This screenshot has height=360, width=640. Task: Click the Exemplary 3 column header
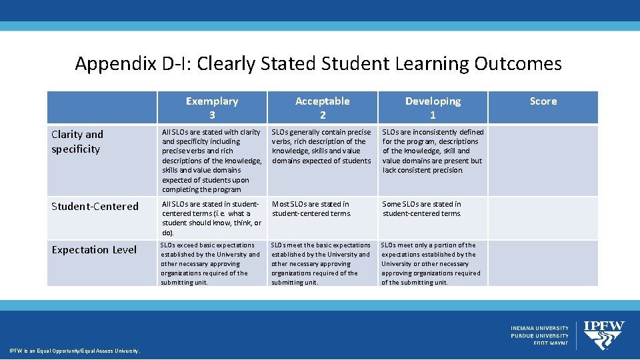pos(211,107)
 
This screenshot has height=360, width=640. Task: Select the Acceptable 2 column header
pos(322,107)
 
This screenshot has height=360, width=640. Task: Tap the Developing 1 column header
pos(433,107)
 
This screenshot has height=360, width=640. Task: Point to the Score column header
pos(543,101)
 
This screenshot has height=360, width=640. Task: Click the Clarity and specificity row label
pos(77,142)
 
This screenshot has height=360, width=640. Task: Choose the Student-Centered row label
pos(95,207)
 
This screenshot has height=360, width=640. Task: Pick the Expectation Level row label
pos(94,250)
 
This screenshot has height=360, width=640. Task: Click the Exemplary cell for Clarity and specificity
pos(211,161)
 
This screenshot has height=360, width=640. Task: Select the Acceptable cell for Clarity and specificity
pos(322,147)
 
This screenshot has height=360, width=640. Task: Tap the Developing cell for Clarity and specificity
pos(433,151)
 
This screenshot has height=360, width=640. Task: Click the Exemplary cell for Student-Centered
pos(211,218)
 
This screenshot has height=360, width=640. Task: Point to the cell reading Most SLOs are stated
pos(311,209)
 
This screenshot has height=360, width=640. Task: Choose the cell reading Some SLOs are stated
pos(421,209)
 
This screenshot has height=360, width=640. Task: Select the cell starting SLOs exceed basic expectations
pos(211,263)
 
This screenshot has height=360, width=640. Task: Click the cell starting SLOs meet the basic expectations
pos(321,263)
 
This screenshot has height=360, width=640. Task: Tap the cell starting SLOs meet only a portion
pos(431,263)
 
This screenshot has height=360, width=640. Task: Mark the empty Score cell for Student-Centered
pos(543,218)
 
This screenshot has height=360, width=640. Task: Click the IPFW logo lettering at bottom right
pos(604,327)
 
